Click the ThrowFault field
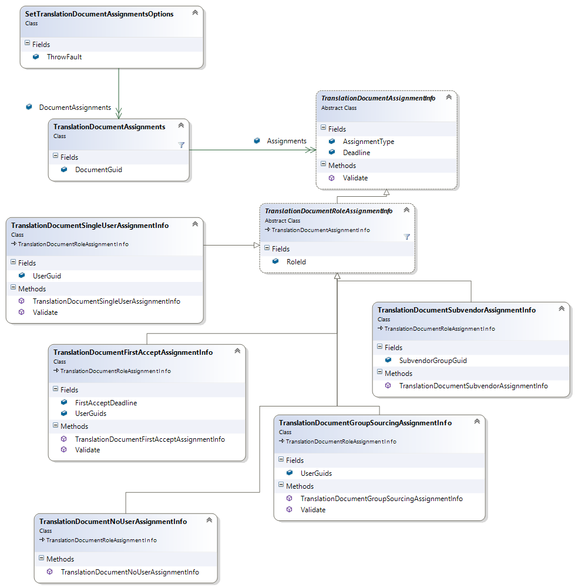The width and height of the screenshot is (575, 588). click(x=64, y=57)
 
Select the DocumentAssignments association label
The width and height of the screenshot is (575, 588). click(x=75, y=107)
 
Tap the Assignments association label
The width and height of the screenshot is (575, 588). click(x=286, y=141)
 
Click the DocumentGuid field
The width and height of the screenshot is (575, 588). click(x=98, y=170)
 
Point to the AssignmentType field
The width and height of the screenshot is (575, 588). click(x=368, y=142)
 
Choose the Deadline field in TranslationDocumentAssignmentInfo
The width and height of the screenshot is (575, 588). click(x=356, y=153)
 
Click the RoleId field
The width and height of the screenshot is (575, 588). click(x=296, y=262)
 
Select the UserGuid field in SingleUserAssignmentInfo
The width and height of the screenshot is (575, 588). click(x=46, y=275)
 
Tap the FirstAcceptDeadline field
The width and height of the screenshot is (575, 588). click(x=106, y=403)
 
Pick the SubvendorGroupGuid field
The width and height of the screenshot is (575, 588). click(x=432, y=361)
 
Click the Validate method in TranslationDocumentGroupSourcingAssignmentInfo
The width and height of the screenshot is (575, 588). click(x=312, y=510)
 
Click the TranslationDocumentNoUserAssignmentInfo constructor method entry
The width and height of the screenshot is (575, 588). click(x=129, y=572)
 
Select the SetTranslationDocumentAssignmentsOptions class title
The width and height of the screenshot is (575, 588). click(x=99, y=14)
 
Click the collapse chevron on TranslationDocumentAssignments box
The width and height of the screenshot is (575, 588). click(x=181, y=125)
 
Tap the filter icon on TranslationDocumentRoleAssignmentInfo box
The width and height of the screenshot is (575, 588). click(x=406, y=237)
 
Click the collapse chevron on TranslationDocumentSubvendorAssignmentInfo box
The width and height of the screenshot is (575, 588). click(x=561, y=308)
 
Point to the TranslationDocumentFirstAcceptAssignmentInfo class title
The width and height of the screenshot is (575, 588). click(x=133, y=352)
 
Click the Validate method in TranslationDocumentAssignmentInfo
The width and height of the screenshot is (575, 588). click(x=355, y=178)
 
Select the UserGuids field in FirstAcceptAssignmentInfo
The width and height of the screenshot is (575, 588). click(x=90, y=414)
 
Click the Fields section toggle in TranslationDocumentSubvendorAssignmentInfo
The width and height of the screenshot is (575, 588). click(x=379, y=347)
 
